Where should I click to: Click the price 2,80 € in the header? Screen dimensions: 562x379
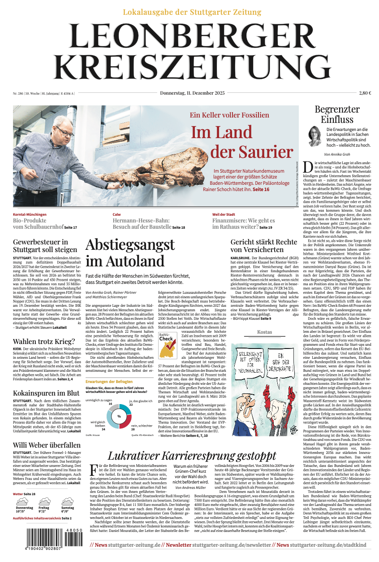(x=365, y=93)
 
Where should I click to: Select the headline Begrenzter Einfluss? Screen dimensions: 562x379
(x=337, y=114)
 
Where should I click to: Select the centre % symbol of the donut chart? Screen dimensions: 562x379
(x=119, y=416)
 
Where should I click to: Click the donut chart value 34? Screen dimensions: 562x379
(x=103, y=429)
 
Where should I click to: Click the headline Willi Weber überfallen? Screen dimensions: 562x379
(x=47, y=445)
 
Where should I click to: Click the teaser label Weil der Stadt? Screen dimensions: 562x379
(x=224, y=214)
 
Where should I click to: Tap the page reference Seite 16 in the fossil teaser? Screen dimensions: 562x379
(x=261, y=190)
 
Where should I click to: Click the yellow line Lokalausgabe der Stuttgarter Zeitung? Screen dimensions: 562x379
(x=192, y=12)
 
